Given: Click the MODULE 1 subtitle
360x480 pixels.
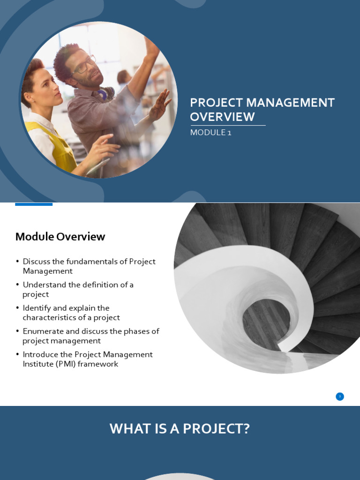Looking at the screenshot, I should pos(210,133).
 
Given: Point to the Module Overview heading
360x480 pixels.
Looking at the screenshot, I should pos(60,237).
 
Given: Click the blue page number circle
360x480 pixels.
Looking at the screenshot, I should pos(340,397).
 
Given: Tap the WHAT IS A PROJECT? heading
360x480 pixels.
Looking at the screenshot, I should pos(180,429).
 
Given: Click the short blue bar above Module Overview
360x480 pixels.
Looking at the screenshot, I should pos(34,204).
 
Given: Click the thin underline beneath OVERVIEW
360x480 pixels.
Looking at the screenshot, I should pos(227,126).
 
